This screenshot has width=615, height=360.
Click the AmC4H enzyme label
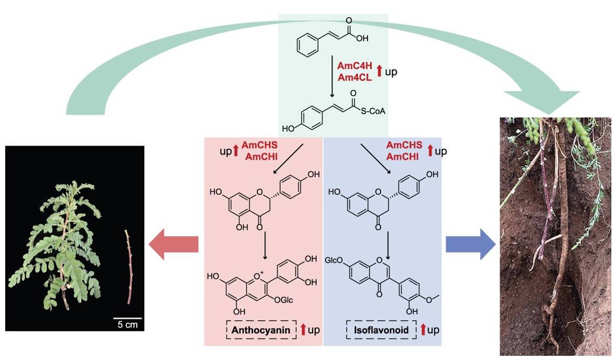point(354,66)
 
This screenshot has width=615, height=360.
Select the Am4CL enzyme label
point(354,78)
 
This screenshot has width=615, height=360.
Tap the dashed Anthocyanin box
point(261,330)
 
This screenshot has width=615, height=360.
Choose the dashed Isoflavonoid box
point(381,330)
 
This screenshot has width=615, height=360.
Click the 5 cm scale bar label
point(128,324)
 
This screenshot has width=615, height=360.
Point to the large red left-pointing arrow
point(174,244)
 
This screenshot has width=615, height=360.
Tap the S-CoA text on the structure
point(373,112)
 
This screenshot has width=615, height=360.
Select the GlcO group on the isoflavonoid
point(334,260)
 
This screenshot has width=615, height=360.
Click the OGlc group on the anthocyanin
point(284,300)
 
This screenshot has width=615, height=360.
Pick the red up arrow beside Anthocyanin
point(303,330)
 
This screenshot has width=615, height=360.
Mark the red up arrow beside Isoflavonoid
point(423,330)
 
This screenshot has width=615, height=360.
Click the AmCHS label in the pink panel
point(259,145)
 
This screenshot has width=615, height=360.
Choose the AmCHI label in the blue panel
point(403,157)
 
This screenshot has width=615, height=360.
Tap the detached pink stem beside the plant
point(128,267)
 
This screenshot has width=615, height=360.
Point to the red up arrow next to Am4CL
point(379,71)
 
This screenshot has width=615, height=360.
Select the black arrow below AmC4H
point(332,78)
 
